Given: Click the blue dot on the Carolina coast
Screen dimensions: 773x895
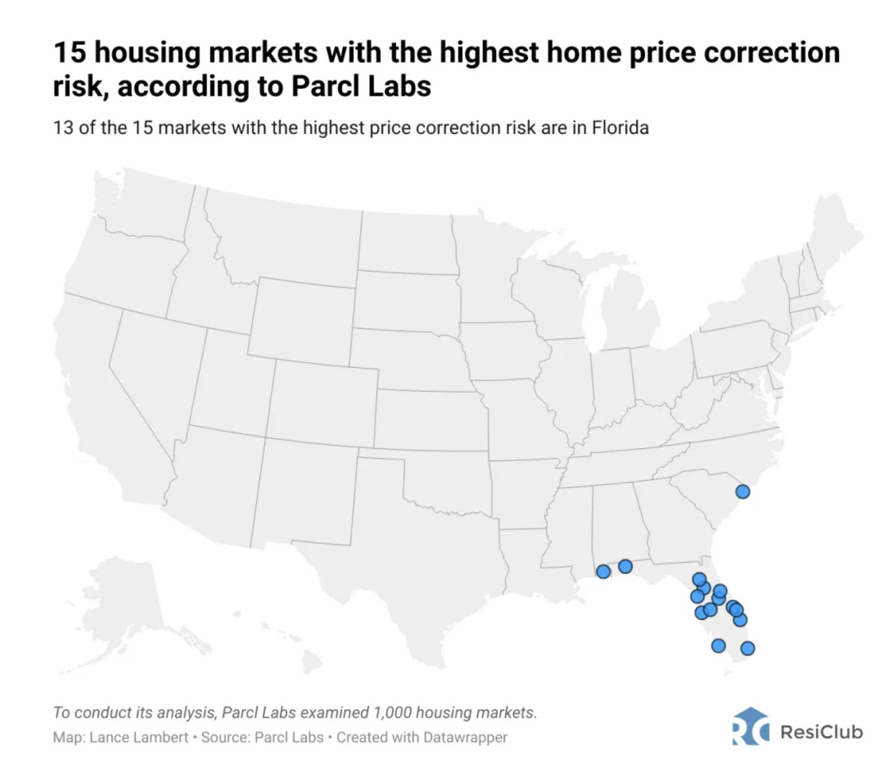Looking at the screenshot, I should pyautogui.click(x=743, y=492).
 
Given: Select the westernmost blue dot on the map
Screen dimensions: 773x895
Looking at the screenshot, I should pyautogui.click(x=603, y=571).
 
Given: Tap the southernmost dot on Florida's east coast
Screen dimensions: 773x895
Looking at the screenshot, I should pyautogui.click(x=747, y=649).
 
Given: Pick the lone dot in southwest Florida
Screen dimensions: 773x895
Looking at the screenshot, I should pyautogui.click(x=718, y=645).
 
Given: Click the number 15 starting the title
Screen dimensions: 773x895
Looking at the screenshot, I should pyautogui.click(x=69, y=52).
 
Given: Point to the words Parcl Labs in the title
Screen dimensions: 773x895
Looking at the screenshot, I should pyautogui.click(x=361, y=87).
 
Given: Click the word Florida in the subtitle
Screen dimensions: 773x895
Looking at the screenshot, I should pyautogui.click(x=620, y=128).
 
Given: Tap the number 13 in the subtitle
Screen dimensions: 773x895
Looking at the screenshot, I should pyautogui.click(x=63, y=128).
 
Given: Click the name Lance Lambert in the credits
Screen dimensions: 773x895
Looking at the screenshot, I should pyautogui.click(x=139, y=738).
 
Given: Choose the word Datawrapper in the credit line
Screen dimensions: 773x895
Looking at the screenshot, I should pyautogui.click(x=465, y=738).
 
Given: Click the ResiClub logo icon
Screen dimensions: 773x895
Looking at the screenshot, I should pyautogui.click(x=750, y=726).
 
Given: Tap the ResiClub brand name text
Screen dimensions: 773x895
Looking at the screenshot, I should pyautogui.click(x=821, y=731).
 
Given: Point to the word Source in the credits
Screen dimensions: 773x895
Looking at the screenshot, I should pyautogui.click(x=222, y=738).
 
